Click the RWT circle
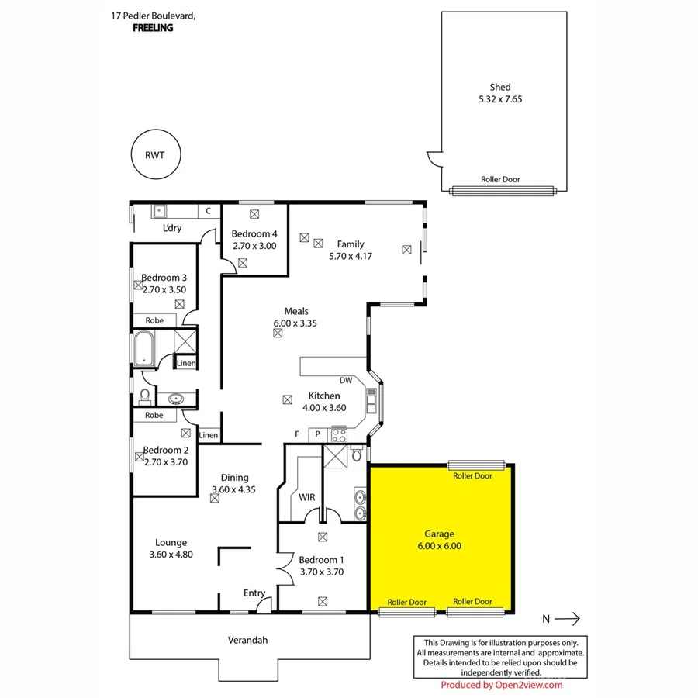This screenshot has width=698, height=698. click(x=154, y=154)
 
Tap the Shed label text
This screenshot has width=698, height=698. click(x=499, y=88)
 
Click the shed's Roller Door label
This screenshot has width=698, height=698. click(x=500, y=179)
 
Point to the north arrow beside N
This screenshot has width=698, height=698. click(x=568, y=618)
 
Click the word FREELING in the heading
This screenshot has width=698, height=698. click(x=153, y=28)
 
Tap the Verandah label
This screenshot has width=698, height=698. click(x=249, y=641)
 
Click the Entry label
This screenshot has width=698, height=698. click(x=254, y=593)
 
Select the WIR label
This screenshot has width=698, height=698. click(x=307, y=497)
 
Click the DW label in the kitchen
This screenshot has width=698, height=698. click(x=346, y=380)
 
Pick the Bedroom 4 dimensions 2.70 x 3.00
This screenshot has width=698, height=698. click(x=254, y=245)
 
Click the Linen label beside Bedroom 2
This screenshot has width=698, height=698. click(x=209, y=435)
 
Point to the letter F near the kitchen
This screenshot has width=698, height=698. click(x=297, y=434)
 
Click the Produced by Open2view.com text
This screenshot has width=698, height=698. click(x=501, y=685)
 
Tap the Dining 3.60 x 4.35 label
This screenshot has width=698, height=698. click(x=234, y=483)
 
